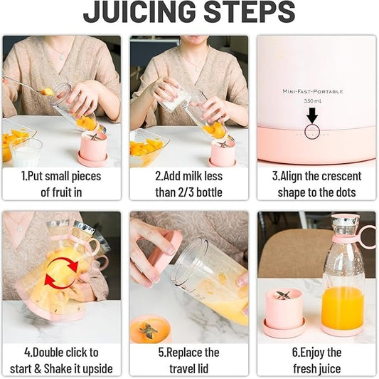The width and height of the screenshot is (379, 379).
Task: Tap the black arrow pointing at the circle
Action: point(311,114)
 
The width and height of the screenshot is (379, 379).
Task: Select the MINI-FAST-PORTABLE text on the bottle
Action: point(313,91)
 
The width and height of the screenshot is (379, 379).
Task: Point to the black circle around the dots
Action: point(311,131)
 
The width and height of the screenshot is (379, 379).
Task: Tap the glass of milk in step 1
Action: point(26,152)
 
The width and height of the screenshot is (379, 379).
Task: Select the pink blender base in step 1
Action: point(92,148)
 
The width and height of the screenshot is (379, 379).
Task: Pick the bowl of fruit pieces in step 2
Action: point(148,148)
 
